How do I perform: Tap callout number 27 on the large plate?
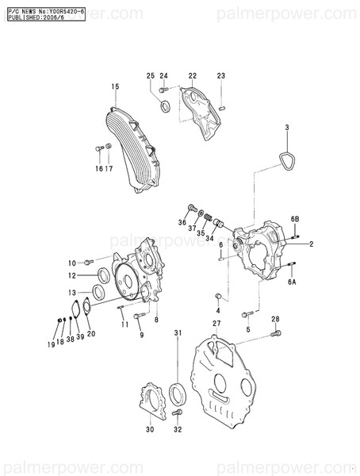click(x=216, y=324)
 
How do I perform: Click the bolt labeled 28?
click(x=275, y=334)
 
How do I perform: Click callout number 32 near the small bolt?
click(x=178, y=429)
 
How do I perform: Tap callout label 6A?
click(x=292, y=281)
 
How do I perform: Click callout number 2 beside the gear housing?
click(x=312, y=244)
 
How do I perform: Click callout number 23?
click(x=220, y=75)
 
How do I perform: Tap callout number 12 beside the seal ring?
click(x=71, y=276)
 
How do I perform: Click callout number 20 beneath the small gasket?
click(x=90, y=334)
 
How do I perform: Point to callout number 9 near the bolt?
click(x=141, y=335)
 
